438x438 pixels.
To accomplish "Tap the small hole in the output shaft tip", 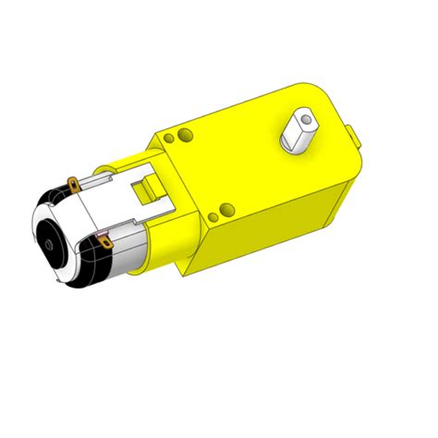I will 302,118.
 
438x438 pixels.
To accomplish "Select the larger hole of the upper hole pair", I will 187,136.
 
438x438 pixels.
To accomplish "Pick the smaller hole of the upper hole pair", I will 169,140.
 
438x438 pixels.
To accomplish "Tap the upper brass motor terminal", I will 70,184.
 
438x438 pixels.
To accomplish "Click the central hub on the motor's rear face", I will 47,245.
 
